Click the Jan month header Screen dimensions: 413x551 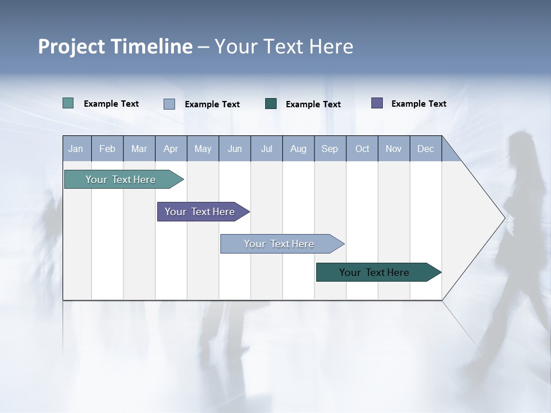[x=76, y=149]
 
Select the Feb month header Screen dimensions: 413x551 [x=107, y=149]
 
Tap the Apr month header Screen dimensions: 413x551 [x=170, y=149]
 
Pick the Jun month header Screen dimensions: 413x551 [x=235, y=149]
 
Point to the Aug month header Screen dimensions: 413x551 [x=298, y=149]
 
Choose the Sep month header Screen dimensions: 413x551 [x=329, y=149]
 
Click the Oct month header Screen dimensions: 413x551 [x=362, y=149]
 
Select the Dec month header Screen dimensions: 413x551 [x=425, y=149]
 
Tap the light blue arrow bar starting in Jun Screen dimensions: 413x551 [x=280, y=244]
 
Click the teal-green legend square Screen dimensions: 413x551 [x=68, y=103]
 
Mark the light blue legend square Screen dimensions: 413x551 [x=169, y=104]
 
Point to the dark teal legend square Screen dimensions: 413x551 [x=271, y=103]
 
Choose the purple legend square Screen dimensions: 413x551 [x=377, y=103]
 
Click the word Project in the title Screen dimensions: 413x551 [x=71, y=46]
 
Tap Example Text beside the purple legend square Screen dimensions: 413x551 [x=418, y=103]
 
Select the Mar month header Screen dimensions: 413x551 [x=139, y=149]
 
